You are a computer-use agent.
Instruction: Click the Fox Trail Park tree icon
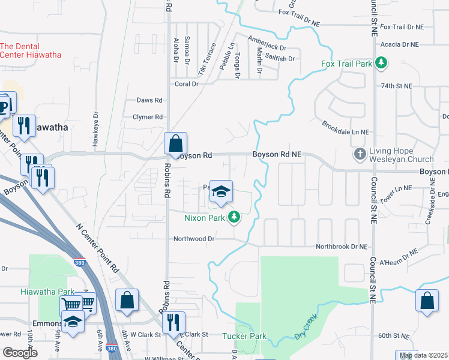(381, 62)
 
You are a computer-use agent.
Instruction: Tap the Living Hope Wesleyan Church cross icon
(360, 154)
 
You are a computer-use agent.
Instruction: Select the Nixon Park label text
(205, 217)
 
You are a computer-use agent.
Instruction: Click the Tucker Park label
(244, 336)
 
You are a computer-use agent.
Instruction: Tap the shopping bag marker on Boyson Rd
(175, 145)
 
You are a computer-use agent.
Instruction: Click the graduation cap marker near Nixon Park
(221, 192)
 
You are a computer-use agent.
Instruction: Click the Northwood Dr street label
(194, 238)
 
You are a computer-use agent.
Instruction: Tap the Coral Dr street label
(186, 84)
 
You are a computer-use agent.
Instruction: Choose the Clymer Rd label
(148, 117)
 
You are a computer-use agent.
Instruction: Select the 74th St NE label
(397, 86)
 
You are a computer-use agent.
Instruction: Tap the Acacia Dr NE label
(399, 44)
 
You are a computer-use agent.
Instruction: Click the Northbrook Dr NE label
(341, 247)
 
